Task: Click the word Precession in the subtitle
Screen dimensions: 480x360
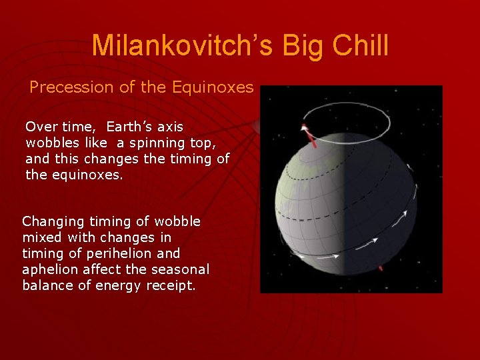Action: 71,87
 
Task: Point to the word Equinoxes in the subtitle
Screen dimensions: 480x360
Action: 213,87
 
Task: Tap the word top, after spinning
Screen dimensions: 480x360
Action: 203,143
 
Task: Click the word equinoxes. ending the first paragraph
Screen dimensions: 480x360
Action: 87,175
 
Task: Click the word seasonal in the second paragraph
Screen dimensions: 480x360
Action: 180,269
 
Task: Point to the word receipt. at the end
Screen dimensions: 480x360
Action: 171,286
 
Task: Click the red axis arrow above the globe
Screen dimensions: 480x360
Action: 309,136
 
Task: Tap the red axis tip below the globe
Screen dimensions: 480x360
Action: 381,268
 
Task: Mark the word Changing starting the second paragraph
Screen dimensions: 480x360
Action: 53,222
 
